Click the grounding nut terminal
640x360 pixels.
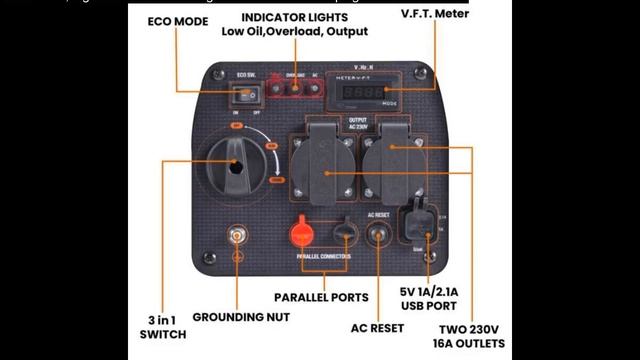tap(238, 239)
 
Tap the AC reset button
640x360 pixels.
tap(381, 238)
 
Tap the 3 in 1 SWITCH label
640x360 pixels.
tap(163, 328)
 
